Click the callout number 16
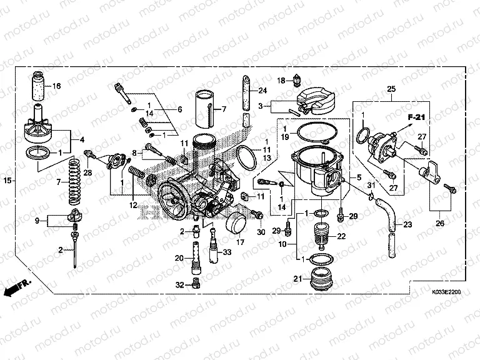click(56, 86)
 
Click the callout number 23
click(407, 224)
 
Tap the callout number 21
click(297, 278)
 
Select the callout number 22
click(341, 236)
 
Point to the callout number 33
click(227, 252)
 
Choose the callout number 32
click(180, 285)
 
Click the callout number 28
click(87, 172)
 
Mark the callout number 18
click(282, 80)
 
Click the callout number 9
click(37, 220)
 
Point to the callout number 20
click(179, 258)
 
